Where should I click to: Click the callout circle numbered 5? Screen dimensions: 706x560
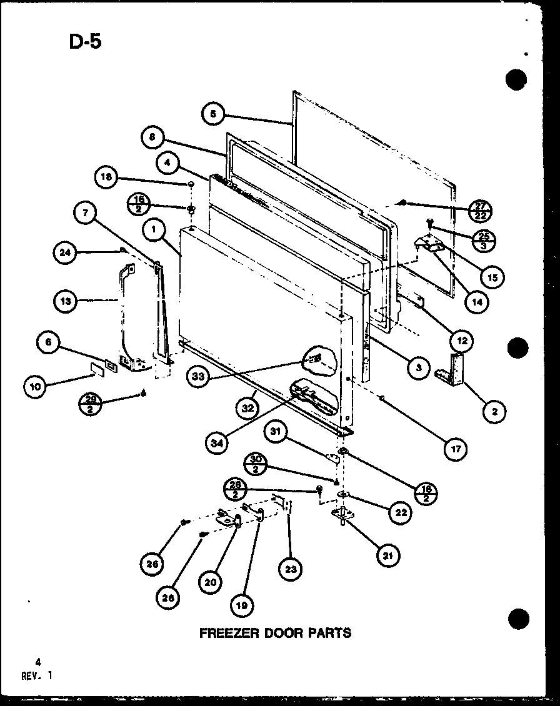213,114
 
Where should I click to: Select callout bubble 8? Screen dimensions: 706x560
152,137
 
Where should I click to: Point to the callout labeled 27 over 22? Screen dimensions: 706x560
480,210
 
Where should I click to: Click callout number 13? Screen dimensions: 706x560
65,301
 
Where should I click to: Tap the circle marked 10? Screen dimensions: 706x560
35,387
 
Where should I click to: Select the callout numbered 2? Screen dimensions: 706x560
494,411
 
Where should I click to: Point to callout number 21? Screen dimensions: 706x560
388,555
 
